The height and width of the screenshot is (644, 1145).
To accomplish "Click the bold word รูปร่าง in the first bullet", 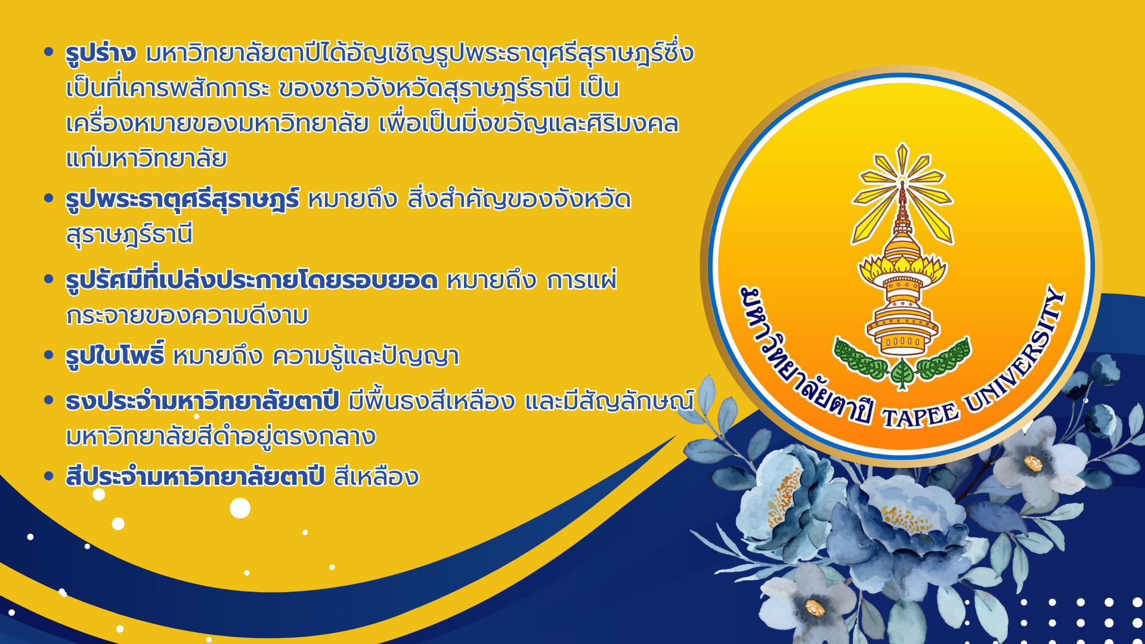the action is pyautogui.click(x=101, y=54).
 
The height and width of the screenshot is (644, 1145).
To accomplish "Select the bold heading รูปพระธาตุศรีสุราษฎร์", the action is pyautogui.click(x=182, y=200).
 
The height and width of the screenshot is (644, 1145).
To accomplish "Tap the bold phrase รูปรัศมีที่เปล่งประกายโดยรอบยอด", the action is pyautogui.click(x=252, y=280).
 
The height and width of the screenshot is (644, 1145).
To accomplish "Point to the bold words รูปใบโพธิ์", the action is pyautogui.click(x=115, y=356).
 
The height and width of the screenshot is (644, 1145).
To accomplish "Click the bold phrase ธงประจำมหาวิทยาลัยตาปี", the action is pyautogui.click(x=202, y=401).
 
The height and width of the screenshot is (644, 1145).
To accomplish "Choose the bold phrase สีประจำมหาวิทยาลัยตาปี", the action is pyautogui.click(x=195, y=477).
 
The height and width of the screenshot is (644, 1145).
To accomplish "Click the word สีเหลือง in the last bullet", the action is pyautogui.click(x=376, y=477).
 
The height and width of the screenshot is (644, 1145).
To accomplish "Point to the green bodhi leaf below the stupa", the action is pyautogui.click(x=902, y=374).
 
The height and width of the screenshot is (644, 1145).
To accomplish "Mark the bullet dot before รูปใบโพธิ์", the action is pyautogui.click(x=49, y=355).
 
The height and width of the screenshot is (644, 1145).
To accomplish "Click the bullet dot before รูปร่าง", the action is pyautogui.click(x=49, y=52).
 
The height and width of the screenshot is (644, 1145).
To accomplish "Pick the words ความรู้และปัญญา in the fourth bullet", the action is pyautogui.click(x=366, y=356).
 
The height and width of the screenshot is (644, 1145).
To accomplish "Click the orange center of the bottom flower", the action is pyautogui.click(x=815, y=608).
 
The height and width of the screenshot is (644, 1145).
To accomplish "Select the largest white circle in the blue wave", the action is pyautogui.click(x=240, y=508).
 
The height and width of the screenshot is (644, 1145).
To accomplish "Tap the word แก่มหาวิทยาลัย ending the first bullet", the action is pyautogui.click(x=146, y=159).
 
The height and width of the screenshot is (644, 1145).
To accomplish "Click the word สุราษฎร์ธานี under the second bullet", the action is pyautogui.click(x=129, y=234).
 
